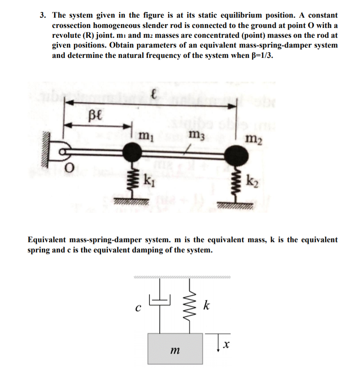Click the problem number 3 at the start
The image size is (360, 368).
point(42,16)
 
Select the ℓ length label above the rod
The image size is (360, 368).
point(153,95)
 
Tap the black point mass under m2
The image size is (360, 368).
point(237,156)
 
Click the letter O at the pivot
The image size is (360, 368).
point(70,167)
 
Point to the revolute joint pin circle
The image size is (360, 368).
point(63,152)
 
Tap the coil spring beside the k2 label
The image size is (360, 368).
point(237,183)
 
